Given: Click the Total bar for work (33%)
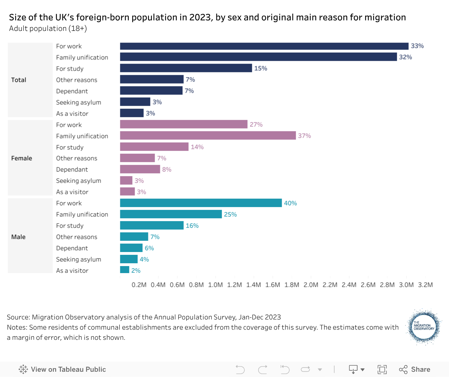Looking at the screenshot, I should (264, 46).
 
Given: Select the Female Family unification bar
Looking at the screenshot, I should (208, 135).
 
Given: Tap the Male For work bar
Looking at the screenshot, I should (201, 203).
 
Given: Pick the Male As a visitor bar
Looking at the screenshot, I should (125, 270).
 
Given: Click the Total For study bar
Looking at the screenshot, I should (186, 68).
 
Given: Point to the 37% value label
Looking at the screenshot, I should (304, 136).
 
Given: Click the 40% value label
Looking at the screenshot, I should (290, 203).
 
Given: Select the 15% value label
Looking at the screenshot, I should (261, 68).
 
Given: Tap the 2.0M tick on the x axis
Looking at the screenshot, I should (311, 285).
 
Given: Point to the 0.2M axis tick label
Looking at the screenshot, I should (139, 285).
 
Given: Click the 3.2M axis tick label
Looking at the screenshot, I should (425, 285).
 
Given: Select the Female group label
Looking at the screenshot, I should (22, 158).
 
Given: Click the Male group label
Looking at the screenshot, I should (18, 237).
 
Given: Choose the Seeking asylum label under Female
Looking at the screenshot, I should (79, 181).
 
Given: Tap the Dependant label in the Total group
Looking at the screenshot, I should (72, 91).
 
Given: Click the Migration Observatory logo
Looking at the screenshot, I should (424, 327).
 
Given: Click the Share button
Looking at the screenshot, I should (415, 369).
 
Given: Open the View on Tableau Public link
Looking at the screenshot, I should (62, 369).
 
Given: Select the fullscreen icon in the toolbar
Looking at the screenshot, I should (382, 369).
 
